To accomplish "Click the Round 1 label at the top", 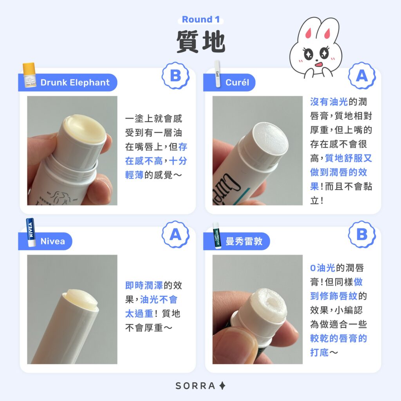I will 200,20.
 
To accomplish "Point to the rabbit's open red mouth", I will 318,64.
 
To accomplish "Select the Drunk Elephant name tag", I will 74,83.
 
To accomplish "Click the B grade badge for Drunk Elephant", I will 175,76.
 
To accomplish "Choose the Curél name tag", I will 237,83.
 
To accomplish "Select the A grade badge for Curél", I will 362,76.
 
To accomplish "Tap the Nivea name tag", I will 52,241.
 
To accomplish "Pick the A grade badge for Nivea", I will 175,234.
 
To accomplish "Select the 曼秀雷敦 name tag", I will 244,241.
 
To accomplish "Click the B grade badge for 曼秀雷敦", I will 362,234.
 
